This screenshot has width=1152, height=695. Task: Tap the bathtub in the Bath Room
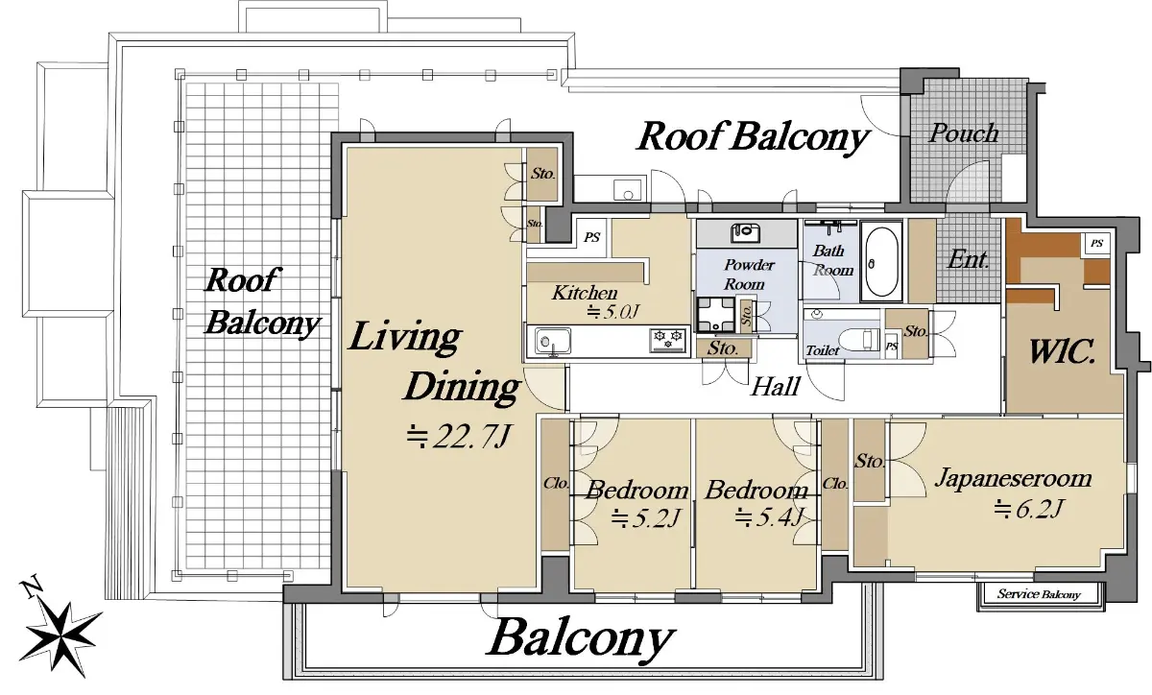(x=881, y=262)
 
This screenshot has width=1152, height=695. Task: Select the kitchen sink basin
(x=553, y=341)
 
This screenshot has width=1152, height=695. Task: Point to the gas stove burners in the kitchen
(x=668, y=340)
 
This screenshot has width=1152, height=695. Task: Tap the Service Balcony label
(x=1039, y=594)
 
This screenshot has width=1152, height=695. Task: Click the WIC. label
(x=1061, y=352)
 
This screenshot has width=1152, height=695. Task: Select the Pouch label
(x=964, y=132)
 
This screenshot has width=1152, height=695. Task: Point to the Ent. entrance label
(x=968, y=259)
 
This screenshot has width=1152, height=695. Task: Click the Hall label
(x=776, y=387)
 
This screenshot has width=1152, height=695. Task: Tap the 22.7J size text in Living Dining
(x=458, y=437)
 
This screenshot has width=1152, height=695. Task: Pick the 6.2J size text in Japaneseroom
(x=1028, y=510)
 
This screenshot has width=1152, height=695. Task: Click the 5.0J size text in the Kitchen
(x=613, y=312)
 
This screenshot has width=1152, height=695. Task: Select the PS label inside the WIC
(x=1097, y=243)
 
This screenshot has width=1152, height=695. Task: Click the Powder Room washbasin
(x=745, y=232)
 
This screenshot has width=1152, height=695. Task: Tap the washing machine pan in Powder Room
(x=716, y=314)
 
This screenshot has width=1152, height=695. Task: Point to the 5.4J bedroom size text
(x=769, y=517)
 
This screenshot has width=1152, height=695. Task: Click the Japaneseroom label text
(x=1013, y=478)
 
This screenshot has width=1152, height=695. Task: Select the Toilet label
(x=823, y=350)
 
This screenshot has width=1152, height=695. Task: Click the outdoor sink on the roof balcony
(x=628, y=190)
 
